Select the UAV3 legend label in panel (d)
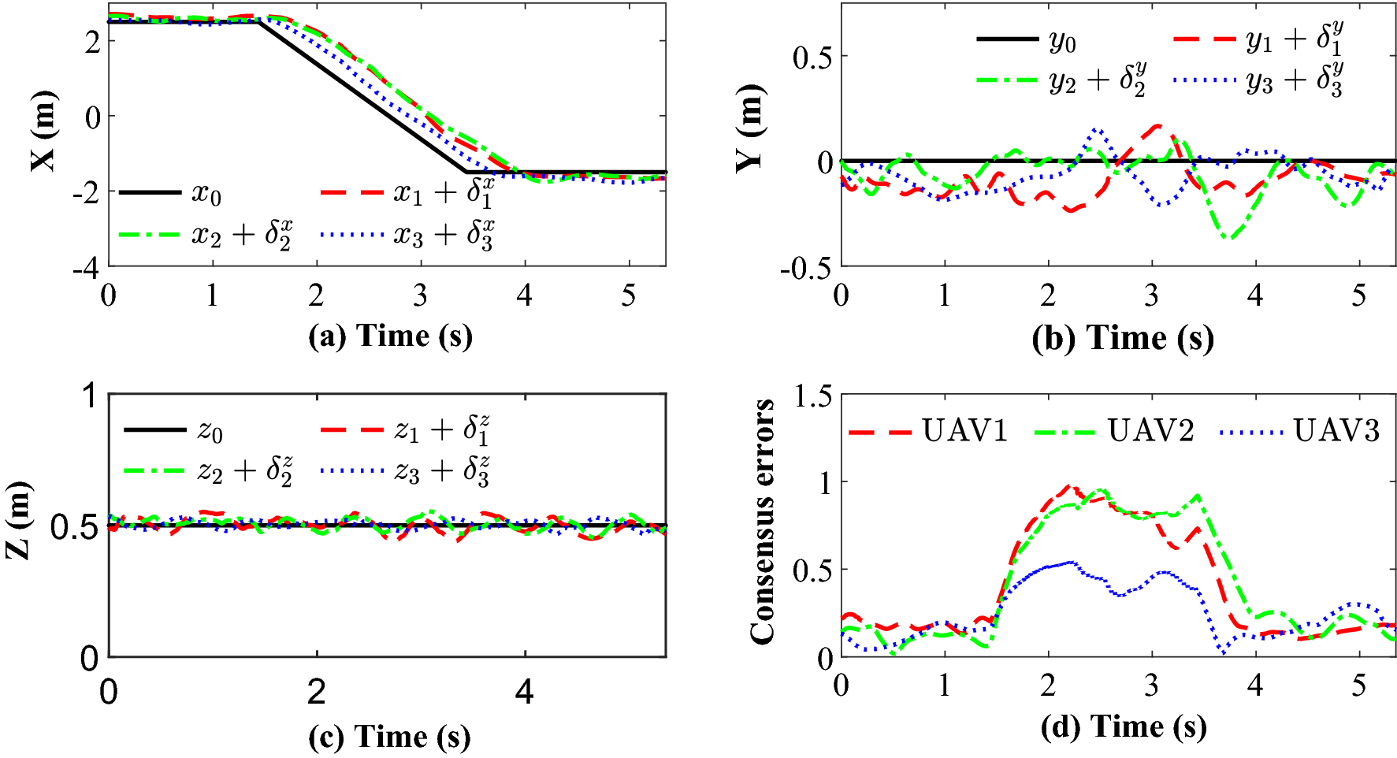click(x=1336, y=431)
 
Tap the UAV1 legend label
click(x=964, y=431)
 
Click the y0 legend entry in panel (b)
click(x=1062, y=40)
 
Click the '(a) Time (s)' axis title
click(x=390, y=336)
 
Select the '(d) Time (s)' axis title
click(x=1123, y=726)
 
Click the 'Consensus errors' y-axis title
click(x=762, y=522)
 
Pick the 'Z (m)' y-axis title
click(x=19, y=520)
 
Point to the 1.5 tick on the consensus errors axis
click(x=812, y=396)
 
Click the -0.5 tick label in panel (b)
click(x=805, y=268)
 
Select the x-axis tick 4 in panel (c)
click(x=524, y=692)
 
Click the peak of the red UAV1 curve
click(x=1069, y=486)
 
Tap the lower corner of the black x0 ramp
click(x=466, y=172)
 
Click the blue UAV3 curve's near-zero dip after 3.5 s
click(x=1222, y=652)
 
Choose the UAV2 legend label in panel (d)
click(x=1150, y=431)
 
